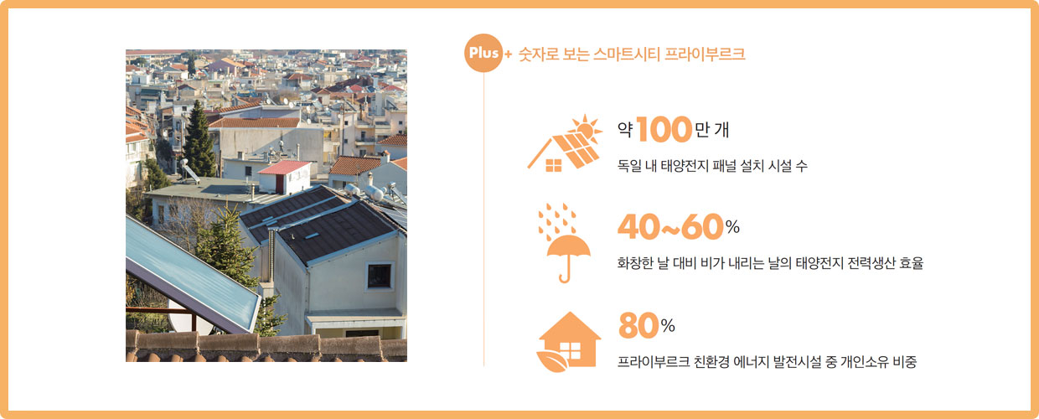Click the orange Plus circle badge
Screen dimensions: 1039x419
click(x=483, y=53)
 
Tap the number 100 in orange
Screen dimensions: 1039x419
click(x=664, y=129)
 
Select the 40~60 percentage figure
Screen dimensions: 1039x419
click(x=670, y=227)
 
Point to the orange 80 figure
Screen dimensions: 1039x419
click(x=638, y=325)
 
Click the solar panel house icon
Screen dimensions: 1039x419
click(x=565, y=143)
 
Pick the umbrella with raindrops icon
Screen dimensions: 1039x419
click(x=564, y=243)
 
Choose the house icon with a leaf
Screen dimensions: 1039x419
click(x=568, y=342)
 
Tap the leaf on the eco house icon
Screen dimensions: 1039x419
click(x=552, y=362)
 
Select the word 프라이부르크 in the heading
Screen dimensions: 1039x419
click(x=705, y=54)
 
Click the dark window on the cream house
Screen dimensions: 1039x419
click(x=380, y=276)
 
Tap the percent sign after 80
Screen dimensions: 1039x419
click(x=668, y=326)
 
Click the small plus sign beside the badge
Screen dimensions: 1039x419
click(x=508, y=54)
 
